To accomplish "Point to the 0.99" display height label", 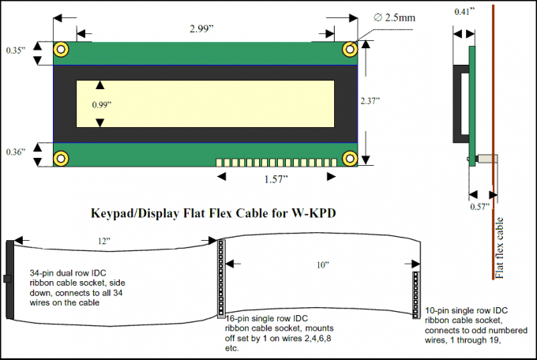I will [x=100, y=104].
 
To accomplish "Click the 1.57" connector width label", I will [x=275, y=179].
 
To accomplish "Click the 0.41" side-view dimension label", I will [x=466, y=13].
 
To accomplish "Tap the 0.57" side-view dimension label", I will [x=479, y=207].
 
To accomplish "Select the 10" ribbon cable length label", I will [x=322, y=265].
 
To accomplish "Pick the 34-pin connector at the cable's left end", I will [x=10, y=279].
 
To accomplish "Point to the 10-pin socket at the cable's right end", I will [x=415, y=293].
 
